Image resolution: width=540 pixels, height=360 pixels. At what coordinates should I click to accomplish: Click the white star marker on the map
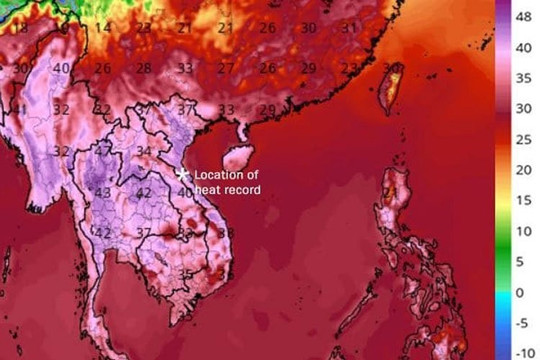coord(182,174)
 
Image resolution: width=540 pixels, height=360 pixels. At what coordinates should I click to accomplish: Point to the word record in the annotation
coord(242,188)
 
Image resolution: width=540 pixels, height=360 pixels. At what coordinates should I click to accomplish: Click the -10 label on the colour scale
coord(522,352)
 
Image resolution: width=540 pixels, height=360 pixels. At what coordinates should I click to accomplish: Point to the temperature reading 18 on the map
coord(21,29)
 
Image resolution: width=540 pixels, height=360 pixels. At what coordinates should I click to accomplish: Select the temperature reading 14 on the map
coord(103,28)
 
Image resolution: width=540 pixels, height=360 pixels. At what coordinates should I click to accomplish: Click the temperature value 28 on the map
coord(145,68)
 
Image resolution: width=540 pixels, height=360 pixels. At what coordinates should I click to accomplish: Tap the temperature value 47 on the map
coord(104,151)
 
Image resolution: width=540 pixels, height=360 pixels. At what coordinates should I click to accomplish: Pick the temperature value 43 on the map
coord(102,193)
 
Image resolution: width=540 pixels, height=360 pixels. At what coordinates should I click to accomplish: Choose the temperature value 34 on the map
coord(144,152)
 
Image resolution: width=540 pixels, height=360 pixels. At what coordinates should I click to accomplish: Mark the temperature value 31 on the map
coord(348,28)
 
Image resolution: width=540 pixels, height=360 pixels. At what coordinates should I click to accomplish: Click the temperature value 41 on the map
coord(20,110)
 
